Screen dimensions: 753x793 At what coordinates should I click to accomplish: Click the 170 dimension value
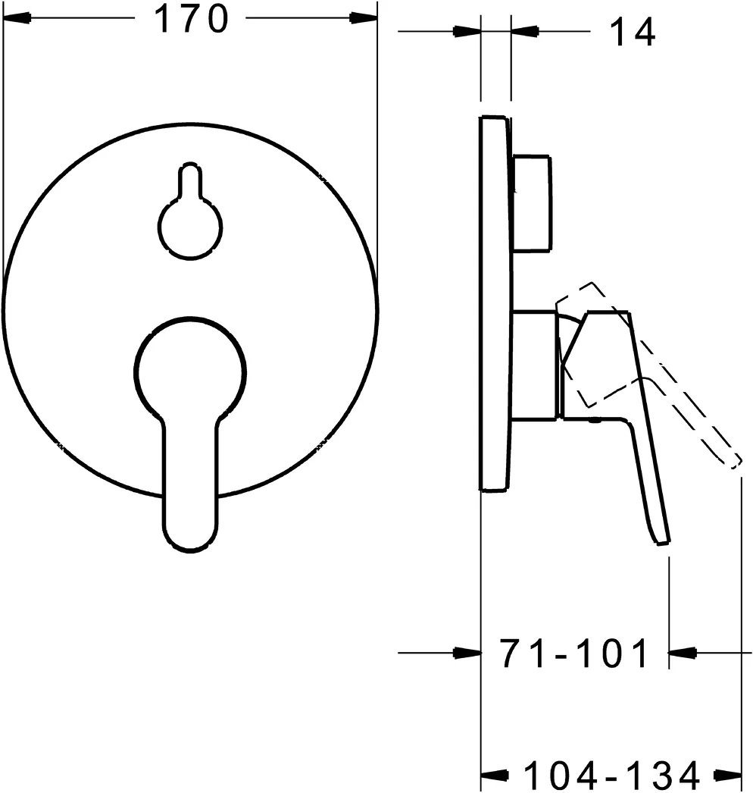coord(191,19)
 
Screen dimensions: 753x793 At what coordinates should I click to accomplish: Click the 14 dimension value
coord(633,32)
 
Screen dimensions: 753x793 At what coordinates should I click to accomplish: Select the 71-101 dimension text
coord(573,653)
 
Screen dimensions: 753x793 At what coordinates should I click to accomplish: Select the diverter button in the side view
coord(532,203)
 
